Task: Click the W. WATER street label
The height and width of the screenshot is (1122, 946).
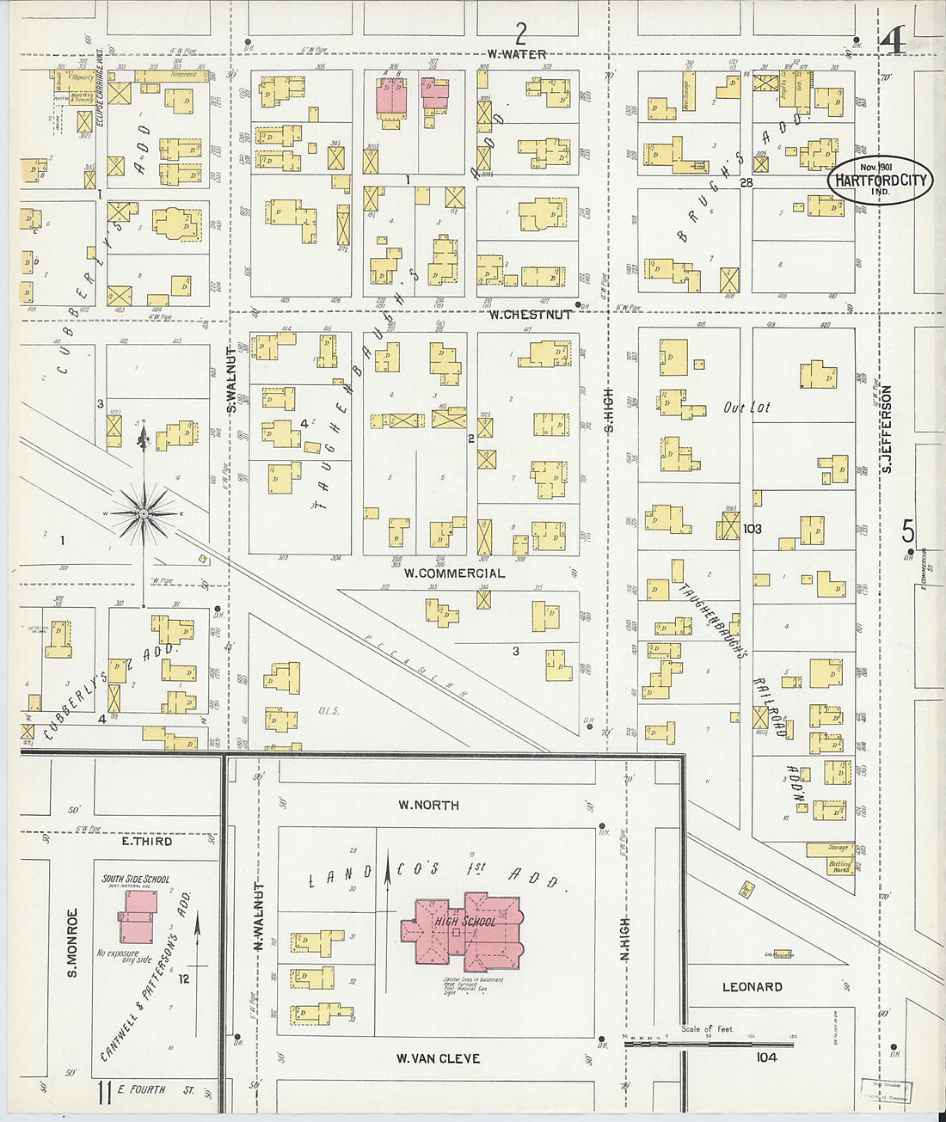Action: (516, 55)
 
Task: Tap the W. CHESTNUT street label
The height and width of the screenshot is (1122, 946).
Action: (530, 315)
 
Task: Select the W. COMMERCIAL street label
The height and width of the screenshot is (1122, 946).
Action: (454, 573)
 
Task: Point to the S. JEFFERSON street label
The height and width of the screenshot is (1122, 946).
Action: (887, 428)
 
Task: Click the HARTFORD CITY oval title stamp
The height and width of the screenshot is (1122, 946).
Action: (880, 181)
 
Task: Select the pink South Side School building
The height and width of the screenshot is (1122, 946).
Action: (136, 917)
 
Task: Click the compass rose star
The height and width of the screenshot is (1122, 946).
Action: (144, 514)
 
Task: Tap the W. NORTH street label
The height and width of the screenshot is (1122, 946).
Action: (427, 806)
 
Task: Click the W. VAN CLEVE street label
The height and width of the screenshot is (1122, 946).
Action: (438, 1058)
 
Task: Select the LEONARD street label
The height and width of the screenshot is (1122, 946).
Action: (752, 987)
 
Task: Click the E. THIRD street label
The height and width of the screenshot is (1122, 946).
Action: (146, 841)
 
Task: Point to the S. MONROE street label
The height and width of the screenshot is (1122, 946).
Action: (73, 942)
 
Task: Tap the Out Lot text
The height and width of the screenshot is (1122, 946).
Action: (746, 408)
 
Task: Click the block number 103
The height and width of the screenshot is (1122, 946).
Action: (752, 529)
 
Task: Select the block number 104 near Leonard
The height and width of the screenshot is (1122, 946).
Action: (766, 1057)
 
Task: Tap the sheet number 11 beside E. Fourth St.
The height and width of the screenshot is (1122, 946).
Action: (105, 1092)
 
